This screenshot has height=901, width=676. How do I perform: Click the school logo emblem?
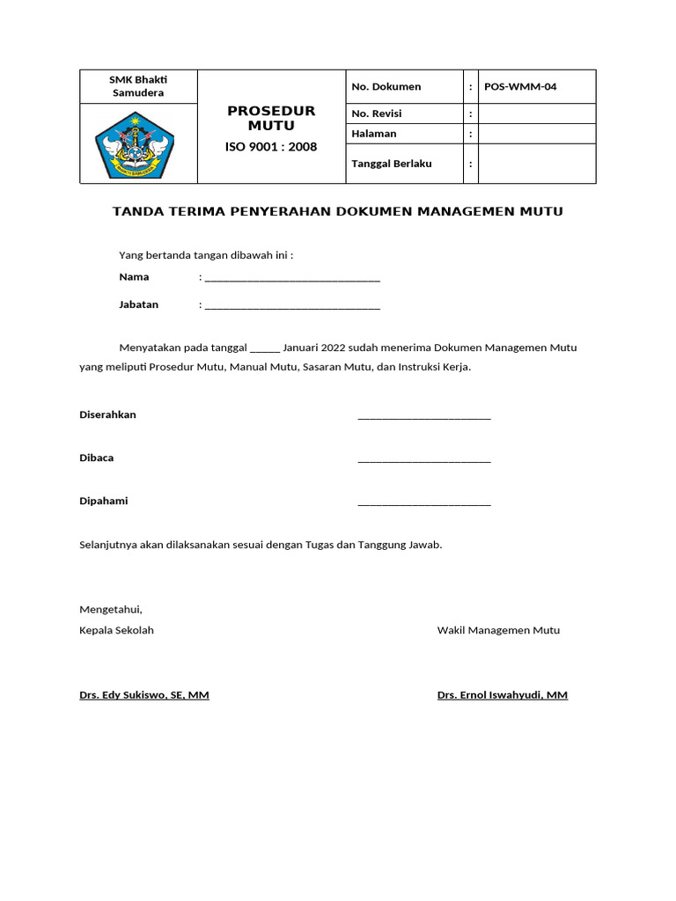tap(135, 143)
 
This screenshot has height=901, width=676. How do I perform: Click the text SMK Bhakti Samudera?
tap(138, 86)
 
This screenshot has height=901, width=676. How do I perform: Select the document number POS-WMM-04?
tap(520, 86)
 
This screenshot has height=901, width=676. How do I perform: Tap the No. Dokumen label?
tap(386, 86)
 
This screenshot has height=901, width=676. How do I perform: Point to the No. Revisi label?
tap(376, 114)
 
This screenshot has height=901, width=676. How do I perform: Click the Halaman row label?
tap(374, 134)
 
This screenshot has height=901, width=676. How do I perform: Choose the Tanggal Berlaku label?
tap(392, 164)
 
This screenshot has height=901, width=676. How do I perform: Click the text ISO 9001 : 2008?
tap(271, 147)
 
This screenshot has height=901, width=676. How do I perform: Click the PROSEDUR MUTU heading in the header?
tap(271, 118)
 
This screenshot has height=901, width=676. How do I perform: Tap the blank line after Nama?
tap(291, 280)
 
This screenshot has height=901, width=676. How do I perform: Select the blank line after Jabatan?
tap(291, 307)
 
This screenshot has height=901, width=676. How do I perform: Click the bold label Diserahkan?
tap(108, 414)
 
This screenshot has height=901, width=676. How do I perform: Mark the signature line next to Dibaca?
tap(424, 460)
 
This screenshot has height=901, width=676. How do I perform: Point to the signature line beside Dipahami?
tap(424, 503)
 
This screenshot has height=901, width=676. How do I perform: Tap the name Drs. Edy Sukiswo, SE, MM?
tap(144, 695)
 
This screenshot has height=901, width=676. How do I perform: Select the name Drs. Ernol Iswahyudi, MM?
tap(502, 695)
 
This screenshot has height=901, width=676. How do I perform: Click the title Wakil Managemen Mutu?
tap(498, 630)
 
